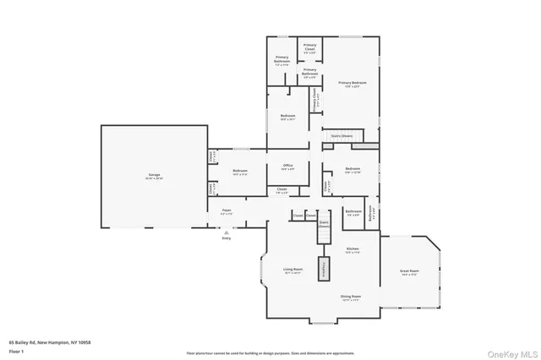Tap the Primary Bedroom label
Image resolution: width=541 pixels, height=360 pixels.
click(x=352, y=84)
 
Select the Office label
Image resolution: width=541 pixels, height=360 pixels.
click(x=287, y=166)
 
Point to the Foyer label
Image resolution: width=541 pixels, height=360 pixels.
click(x=227, y=211)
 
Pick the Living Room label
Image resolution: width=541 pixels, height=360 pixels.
click(x=293, y=270)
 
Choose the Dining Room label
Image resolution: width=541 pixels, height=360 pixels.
click(x=351, y=297)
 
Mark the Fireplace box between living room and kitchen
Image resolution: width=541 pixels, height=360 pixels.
click(x=323, y=269)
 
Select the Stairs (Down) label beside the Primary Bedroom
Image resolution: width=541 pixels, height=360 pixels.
click(x=342, y=135)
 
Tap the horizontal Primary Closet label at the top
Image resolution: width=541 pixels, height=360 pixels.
click(x=310, y=47)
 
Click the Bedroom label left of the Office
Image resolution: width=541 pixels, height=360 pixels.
click(x=239, y=172)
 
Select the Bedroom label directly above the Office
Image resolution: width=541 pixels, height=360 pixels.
click(x=287, y=117)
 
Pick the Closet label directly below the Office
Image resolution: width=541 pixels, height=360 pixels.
click(x=281, y=190)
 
